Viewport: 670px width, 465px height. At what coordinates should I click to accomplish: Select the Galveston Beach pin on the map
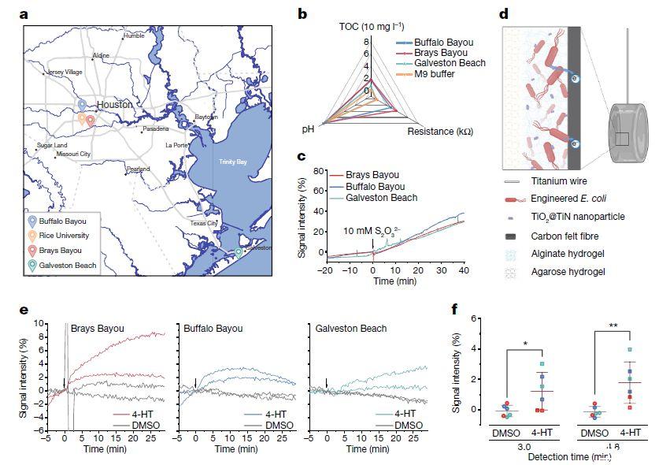tap(239, 252)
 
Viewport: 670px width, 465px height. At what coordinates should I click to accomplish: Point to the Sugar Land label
tap(52, 146)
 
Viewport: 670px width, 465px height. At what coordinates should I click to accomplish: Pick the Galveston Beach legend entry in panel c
tap(384, 198)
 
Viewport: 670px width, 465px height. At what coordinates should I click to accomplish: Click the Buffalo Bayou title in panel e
tap(213, 327)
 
